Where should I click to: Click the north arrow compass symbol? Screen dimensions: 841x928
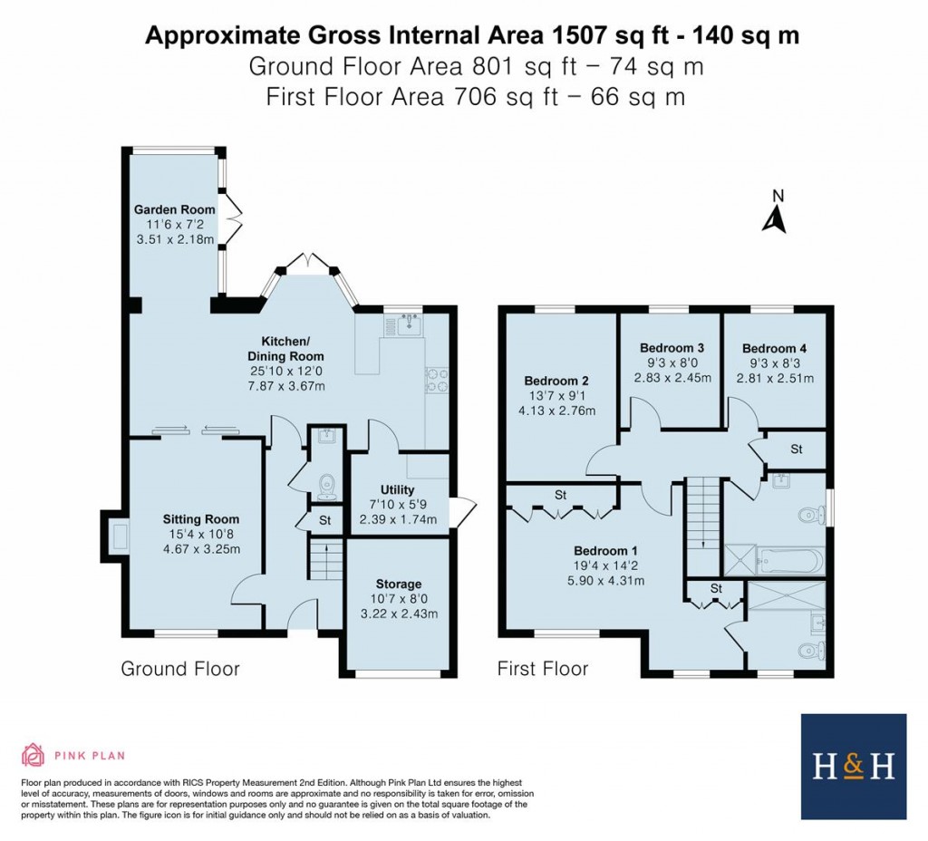(773, 215)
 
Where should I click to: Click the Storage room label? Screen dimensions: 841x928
(399, 585)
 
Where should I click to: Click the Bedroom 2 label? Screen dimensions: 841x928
(556, 381)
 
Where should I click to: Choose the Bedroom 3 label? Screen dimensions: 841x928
(672, 348)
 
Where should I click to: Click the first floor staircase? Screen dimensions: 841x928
(703, 526)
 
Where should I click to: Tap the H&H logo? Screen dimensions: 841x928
(853, 767)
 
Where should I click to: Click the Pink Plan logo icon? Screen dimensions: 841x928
(33, 755)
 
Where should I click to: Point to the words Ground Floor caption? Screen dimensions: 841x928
(180, 669)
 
